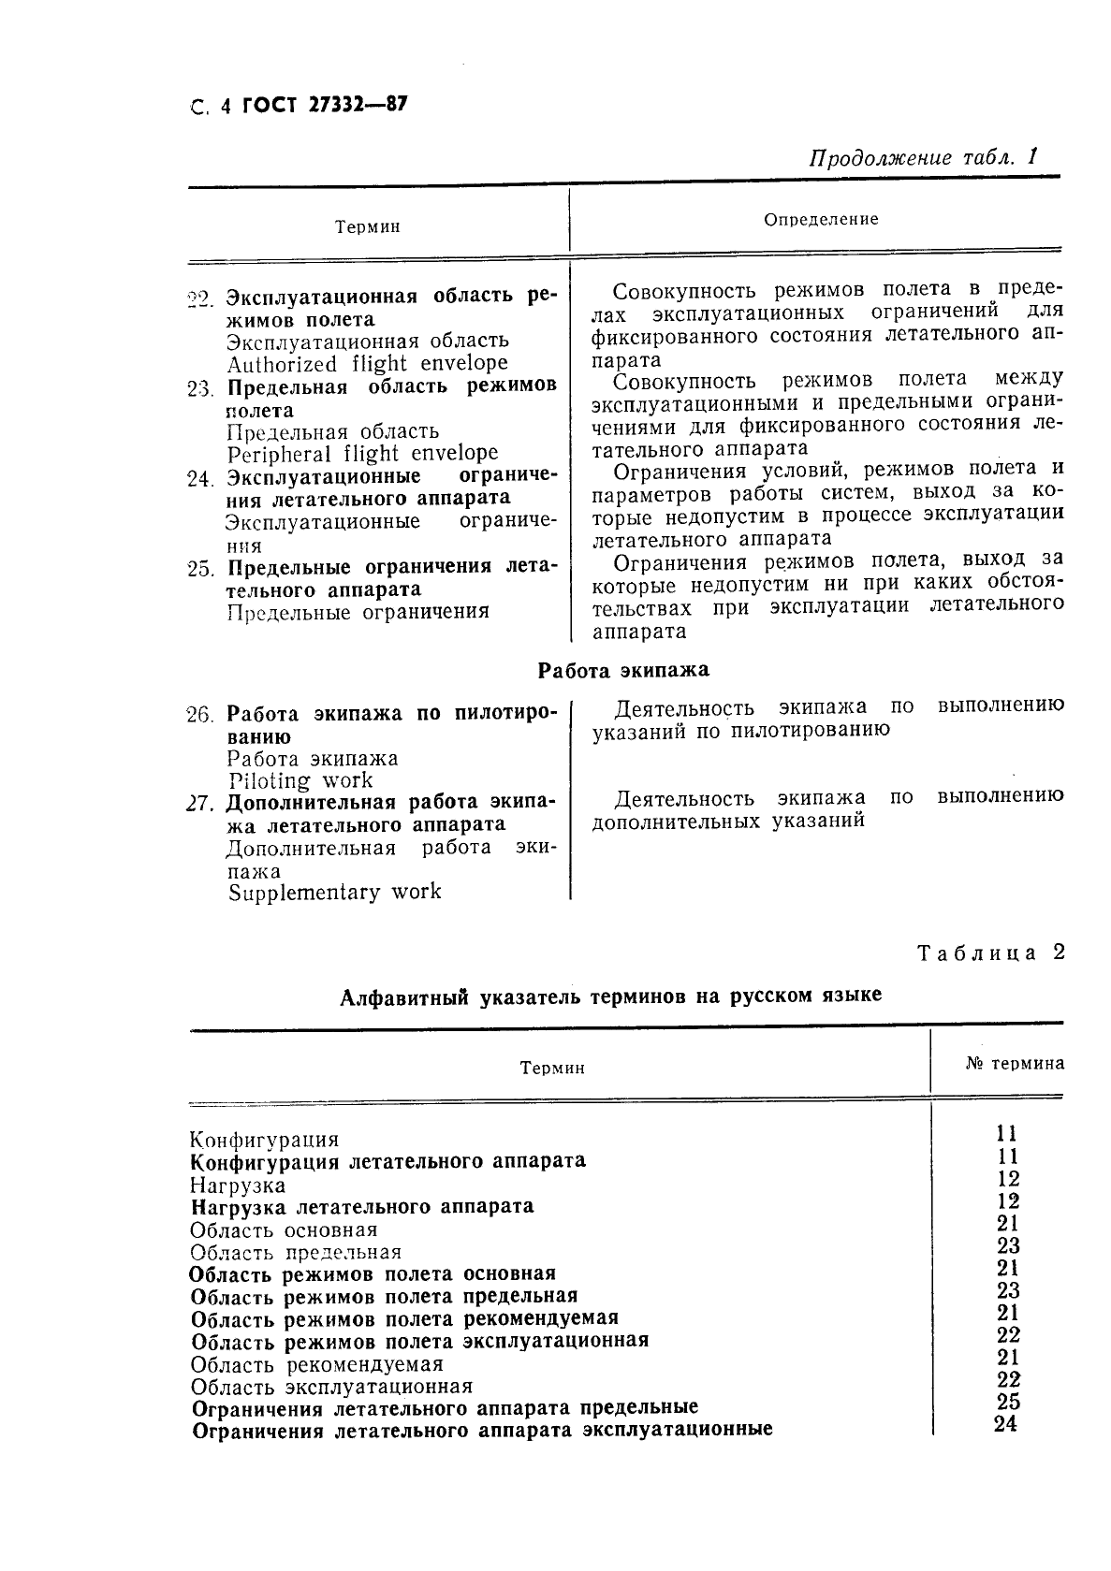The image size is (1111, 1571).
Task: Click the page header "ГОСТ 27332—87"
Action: pyautogui.click(x=324, y=106)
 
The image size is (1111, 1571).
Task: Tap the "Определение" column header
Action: pyautogui.click(x=821, y=220)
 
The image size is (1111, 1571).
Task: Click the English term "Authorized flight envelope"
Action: pyautogui.click(x=367, y=363)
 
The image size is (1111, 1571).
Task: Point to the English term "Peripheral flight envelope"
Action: pyautogui.click(x=362, y=454)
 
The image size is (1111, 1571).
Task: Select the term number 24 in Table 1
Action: pyautogui.click(x=199, y=478)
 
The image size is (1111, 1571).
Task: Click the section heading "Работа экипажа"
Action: pyautogui.click(x=623, y=670)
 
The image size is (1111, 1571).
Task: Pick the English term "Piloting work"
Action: pyautogui.click(x=300, y=780)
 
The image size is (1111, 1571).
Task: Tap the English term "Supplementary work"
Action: pyautogui.click(x=334, y=892)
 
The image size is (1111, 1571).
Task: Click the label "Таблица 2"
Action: pyautogui.click(x=990, y=953)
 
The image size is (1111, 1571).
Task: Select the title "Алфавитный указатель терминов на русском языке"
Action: pyautogui.click(x=610, y=996)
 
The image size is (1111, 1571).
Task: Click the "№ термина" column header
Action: pyautogui.click(x=1014, y=1063)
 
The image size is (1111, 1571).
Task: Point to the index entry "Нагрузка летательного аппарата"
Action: pyautogui.click(x=361, y=1206)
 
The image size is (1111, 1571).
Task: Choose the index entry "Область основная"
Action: pyautogui.click(x=284, y=1229)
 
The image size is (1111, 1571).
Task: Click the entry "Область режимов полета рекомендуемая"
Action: pyautogui.click(x=404, y=1318)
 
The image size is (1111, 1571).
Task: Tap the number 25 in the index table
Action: pyautogui.click(x=1008, y=1402)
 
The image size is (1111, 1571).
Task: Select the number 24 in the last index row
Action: pyautogui.click(x=1005, y=1424)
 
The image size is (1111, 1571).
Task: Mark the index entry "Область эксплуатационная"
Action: pyautogui.click(x=331, y=1386)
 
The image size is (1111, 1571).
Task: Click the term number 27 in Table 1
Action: pyautogui.click(x=200, y=803)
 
